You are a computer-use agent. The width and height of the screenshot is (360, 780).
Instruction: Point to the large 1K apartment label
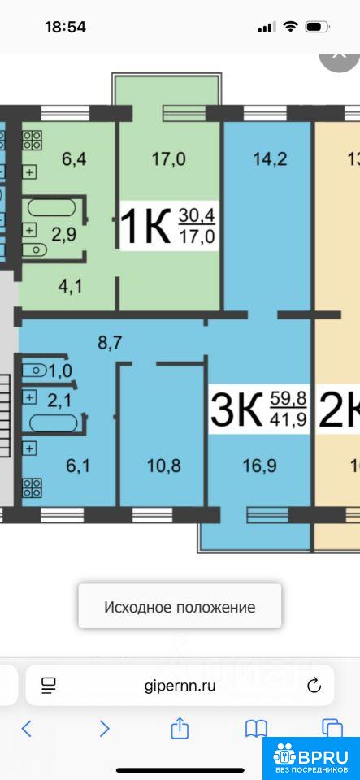coord(145,227)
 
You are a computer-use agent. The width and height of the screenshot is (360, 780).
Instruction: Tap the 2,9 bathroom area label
coord(64,234)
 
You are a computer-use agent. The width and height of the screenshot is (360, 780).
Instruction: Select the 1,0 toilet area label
coord(61,370)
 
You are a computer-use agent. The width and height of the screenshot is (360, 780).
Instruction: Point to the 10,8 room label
coord(163,466)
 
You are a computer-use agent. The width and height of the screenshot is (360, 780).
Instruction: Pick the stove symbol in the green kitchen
coord(33,140)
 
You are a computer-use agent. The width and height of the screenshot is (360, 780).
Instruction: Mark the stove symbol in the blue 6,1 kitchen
coord(33,487)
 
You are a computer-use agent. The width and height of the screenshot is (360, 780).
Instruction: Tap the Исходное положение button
coord(180,606)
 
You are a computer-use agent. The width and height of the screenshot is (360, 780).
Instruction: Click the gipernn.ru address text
coord(180,686)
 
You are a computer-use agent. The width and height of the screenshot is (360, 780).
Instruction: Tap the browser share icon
coord(180,728)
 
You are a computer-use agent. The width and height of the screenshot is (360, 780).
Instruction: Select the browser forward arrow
coord(104,729)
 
